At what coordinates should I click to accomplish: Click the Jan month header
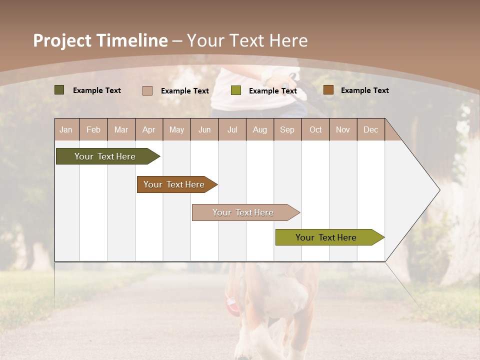click(x=66, y=129)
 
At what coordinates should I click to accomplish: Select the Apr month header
click(x=149, y=129)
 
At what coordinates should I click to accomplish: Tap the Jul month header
click(x=232, y=129)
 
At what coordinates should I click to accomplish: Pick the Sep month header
click(x=287, y=129)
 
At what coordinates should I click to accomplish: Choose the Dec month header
click(x=371, y=129)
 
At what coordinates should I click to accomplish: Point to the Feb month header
click(x=93, y=129)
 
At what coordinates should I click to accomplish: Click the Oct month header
click(x=315, y=129)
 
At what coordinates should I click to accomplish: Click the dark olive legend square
click(x=59, y=90)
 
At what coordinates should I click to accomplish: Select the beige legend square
click(x=147, y=90)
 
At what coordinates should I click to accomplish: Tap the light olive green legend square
click(x=236, y=90)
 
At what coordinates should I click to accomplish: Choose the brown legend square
click(x=328, y=90)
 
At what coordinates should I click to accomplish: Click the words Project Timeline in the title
click(x=100, y=40)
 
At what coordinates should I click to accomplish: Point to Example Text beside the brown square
click(x=364, y=90)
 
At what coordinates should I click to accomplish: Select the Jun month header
click(x=204, y=129)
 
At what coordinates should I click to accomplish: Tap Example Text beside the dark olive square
click(x=97, y=90)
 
